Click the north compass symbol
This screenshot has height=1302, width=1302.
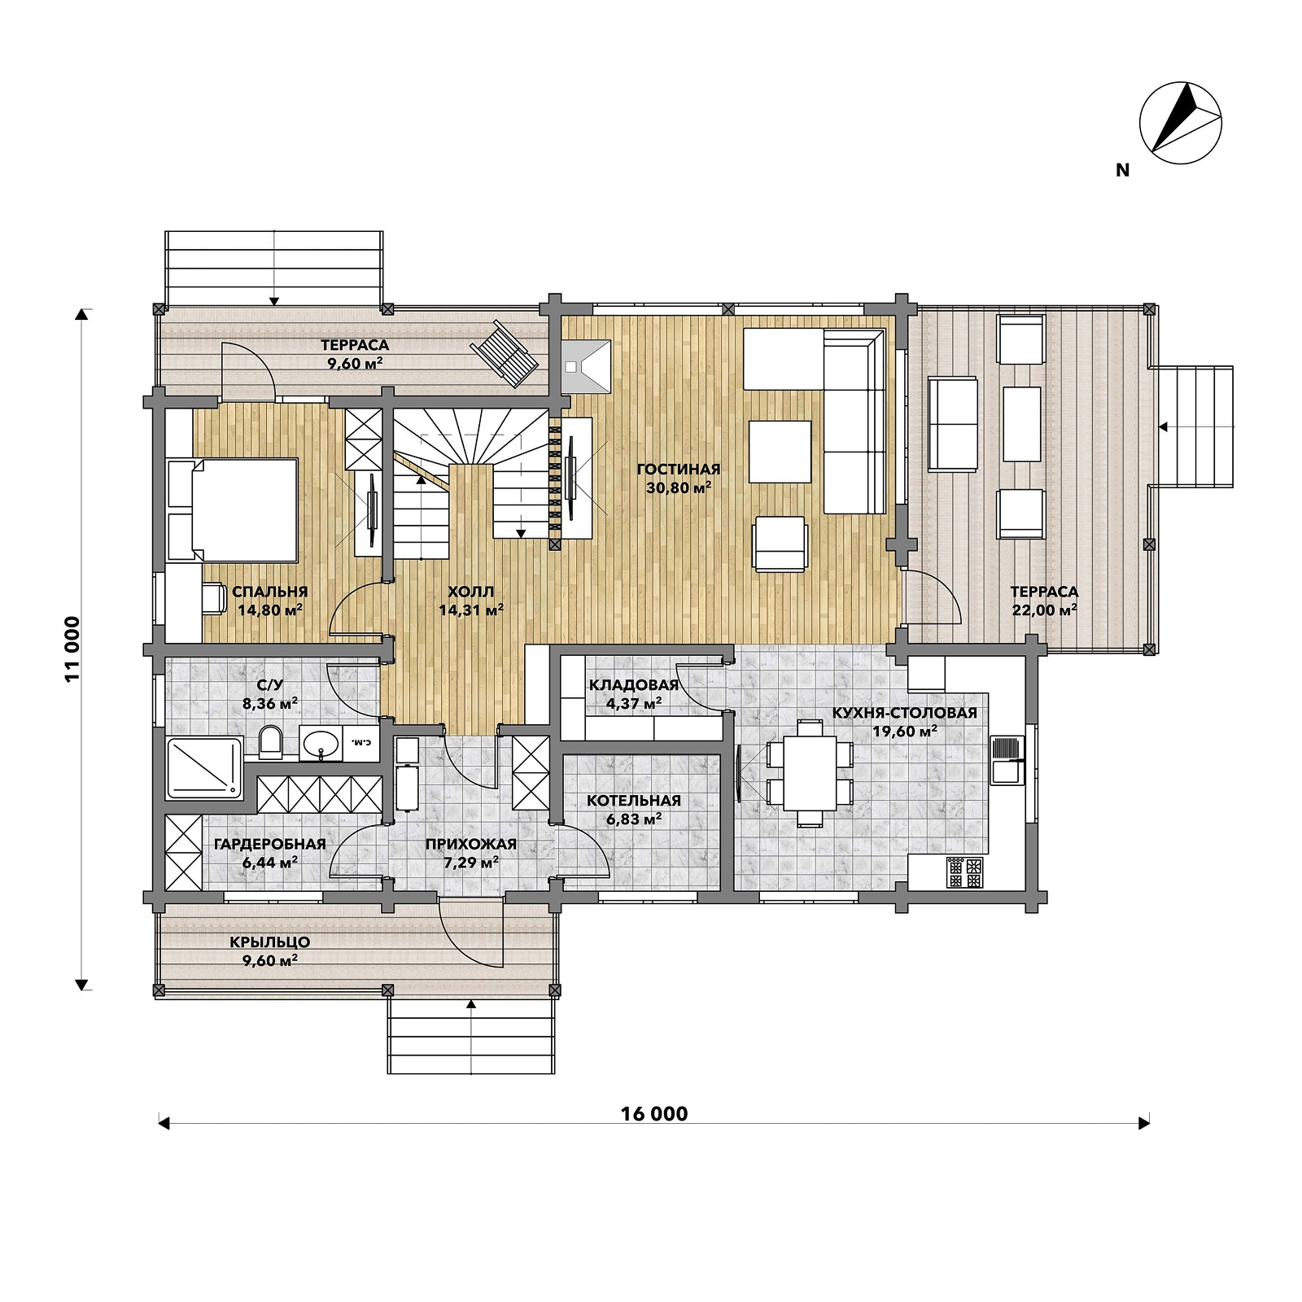1180,118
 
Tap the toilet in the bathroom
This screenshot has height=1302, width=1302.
270,741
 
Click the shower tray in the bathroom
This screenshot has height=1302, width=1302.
204,767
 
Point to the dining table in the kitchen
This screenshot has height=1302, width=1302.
810,773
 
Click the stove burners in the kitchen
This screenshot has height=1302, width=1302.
964,873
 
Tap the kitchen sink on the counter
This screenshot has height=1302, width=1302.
1007,760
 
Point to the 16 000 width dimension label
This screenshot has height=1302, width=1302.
654,1114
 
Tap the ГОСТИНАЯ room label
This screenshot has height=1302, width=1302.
679,470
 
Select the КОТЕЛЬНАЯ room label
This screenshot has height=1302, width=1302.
634,801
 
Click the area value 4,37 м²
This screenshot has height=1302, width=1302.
634,703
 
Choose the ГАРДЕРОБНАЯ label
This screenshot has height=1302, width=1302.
270,844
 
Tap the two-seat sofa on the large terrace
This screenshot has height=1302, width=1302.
953,424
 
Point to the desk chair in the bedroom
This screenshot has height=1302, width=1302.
214,596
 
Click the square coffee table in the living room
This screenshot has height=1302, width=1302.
780,452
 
